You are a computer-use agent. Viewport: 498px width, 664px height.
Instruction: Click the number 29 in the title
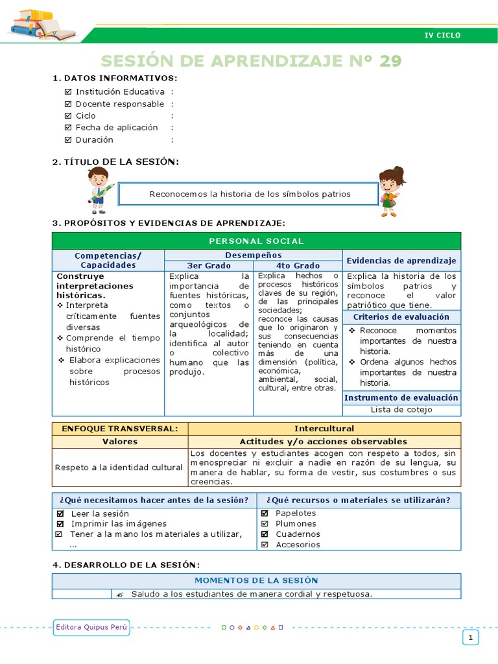(x=390, y=61)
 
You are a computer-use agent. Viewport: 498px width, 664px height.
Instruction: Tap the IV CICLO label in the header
(x=442, y=35)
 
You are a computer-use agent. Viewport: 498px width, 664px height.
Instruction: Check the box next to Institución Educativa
(x=68, y=92)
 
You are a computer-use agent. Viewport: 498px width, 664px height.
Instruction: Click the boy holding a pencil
(x=99, y=190)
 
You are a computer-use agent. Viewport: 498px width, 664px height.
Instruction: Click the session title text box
(x=250, y=194)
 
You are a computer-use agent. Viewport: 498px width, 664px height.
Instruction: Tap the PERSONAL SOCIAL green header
(x=256, y=241)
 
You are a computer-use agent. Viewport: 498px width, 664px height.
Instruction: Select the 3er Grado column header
(x=209, y=265)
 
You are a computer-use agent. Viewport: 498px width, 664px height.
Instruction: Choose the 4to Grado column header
(x=298, y=265)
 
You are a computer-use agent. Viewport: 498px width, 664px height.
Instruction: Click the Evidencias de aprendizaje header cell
(x=401, y=260)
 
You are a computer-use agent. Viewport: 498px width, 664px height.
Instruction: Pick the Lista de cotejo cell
(x=401, y=410)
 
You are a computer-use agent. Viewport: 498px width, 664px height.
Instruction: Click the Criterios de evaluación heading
(x=401, y=317)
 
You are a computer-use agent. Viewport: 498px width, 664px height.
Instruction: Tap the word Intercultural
(x=324, y=429)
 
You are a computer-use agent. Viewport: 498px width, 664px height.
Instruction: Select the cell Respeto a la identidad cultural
(x=119, y=467)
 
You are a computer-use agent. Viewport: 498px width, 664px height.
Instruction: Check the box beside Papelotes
(x=265, y=514)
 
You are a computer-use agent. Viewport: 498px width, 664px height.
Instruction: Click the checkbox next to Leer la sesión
(x=59, y=514)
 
